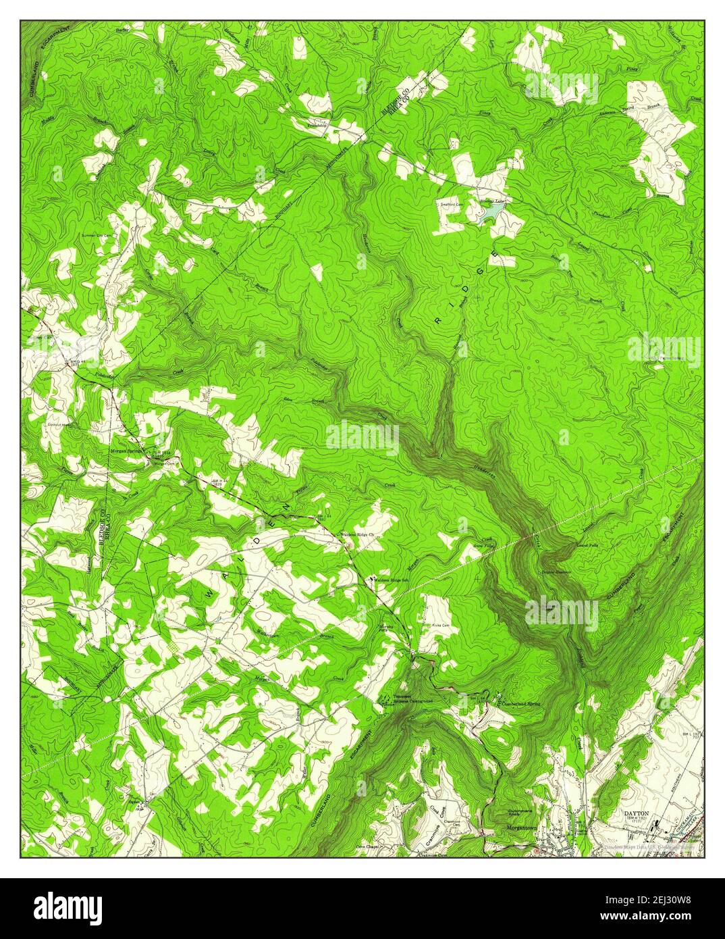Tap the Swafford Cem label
(452, 203)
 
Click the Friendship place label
(317, 125)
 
